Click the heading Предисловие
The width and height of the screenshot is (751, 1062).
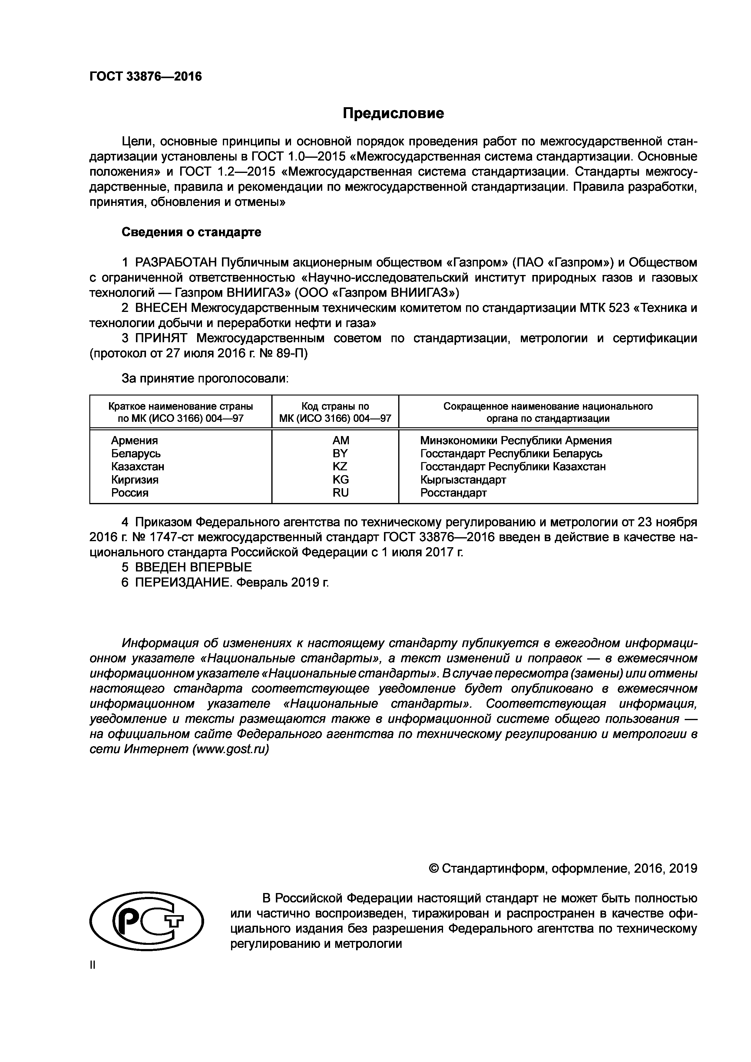393,113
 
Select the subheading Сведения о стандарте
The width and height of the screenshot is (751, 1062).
191,232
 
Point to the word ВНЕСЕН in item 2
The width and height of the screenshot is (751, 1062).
160,308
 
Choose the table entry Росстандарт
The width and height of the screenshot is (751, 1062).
453,493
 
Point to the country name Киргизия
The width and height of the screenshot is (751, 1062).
134,480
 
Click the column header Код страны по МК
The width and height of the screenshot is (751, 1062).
335,412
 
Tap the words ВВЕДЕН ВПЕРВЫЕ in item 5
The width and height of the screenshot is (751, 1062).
193,567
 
